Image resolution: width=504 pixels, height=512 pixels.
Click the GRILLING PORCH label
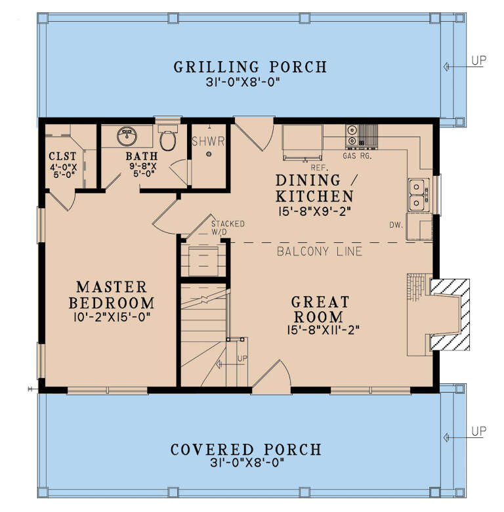[249, 67]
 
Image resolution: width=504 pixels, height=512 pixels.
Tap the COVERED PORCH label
[246, 450]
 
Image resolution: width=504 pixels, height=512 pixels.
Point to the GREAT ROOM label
[321, 310]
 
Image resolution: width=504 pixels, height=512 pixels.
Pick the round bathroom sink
[126, 137]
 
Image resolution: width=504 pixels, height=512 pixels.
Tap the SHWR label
[208, 140]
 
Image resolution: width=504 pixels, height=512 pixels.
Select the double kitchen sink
[417, 194]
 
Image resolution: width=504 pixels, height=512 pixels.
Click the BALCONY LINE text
[319, 251]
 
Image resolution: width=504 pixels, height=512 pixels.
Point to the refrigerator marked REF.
[302, 142]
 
